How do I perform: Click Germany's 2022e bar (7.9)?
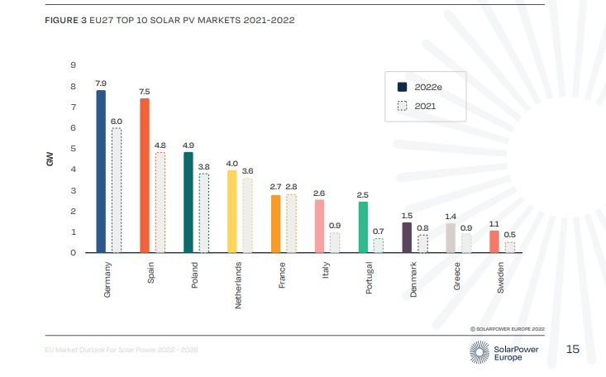click(x=101, y=170)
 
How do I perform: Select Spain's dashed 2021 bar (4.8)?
click(x=160, y=203)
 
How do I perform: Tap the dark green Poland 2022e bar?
click(x=188, y=202)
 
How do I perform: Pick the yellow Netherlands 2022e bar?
click(x=232, y=211)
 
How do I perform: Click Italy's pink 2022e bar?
click(x=319, y=226)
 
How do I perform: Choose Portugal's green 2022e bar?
click(x=363, y=227)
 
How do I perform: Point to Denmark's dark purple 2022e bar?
click(x=407, y=237)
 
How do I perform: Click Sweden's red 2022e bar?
click(x=494, y=241)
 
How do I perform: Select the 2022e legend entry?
click(x=421, y=87)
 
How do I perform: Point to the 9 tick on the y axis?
click(x=74, y=65)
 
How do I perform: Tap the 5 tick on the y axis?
click(x=74, y=149)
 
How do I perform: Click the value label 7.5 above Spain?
click(x=145, y=91)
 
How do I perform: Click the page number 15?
click(x=573, y=350)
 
